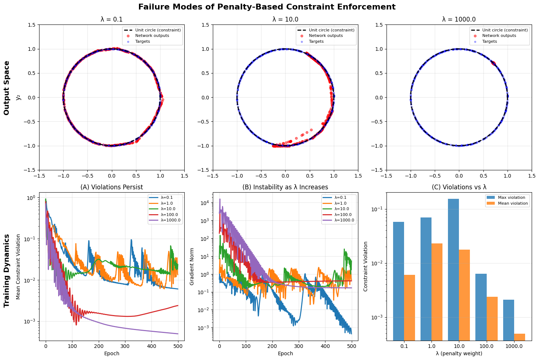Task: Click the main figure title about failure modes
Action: [x=267, y=7]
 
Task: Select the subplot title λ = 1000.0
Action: [x=459, y=19]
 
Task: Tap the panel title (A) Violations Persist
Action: [x=112, y=187]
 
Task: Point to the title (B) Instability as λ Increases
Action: [x=285, y=187]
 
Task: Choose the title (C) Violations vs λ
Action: [x=459, y=187]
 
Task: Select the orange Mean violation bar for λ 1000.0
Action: [x=520, y=337]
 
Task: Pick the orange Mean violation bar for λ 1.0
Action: [x=437, y=292]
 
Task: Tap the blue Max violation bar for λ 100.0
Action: [x=481, y=307]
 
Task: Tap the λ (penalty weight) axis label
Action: [x=459, y=353]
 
